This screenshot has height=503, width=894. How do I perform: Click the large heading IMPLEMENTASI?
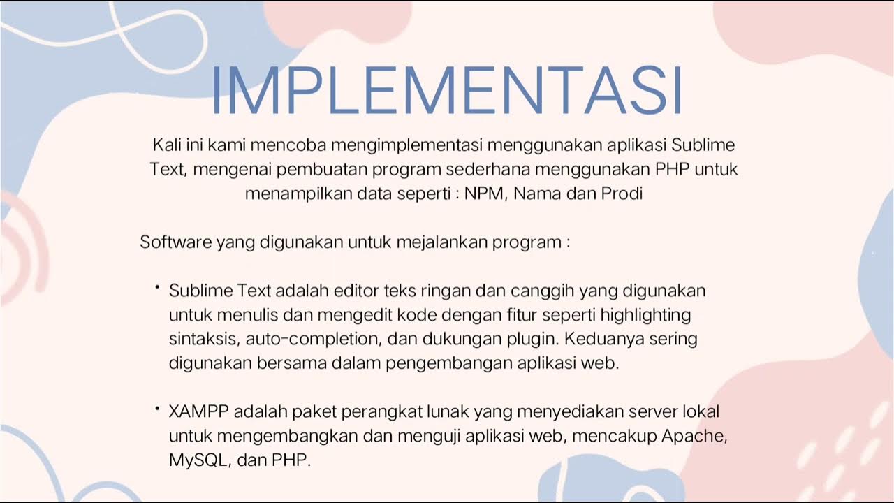(446, 92)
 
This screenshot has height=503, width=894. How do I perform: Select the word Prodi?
(622, 194)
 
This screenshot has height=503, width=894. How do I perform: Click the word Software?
(175, 242)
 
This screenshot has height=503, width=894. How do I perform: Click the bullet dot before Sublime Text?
(158, 286)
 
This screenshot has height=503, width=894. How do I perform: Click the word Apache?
(694, 436)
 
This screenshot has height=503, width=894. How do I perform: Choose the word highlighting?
(645, 315)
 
